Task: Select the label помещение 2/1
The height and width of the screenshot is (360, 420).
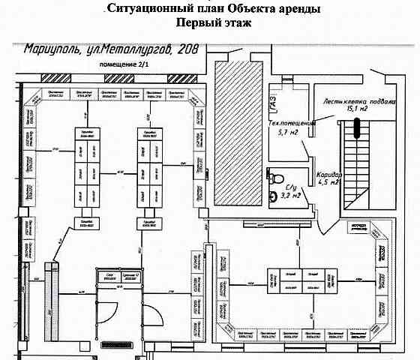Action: [114, 65]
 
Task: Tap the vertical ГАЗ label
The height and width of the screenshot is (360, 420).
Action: [274, 98]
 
